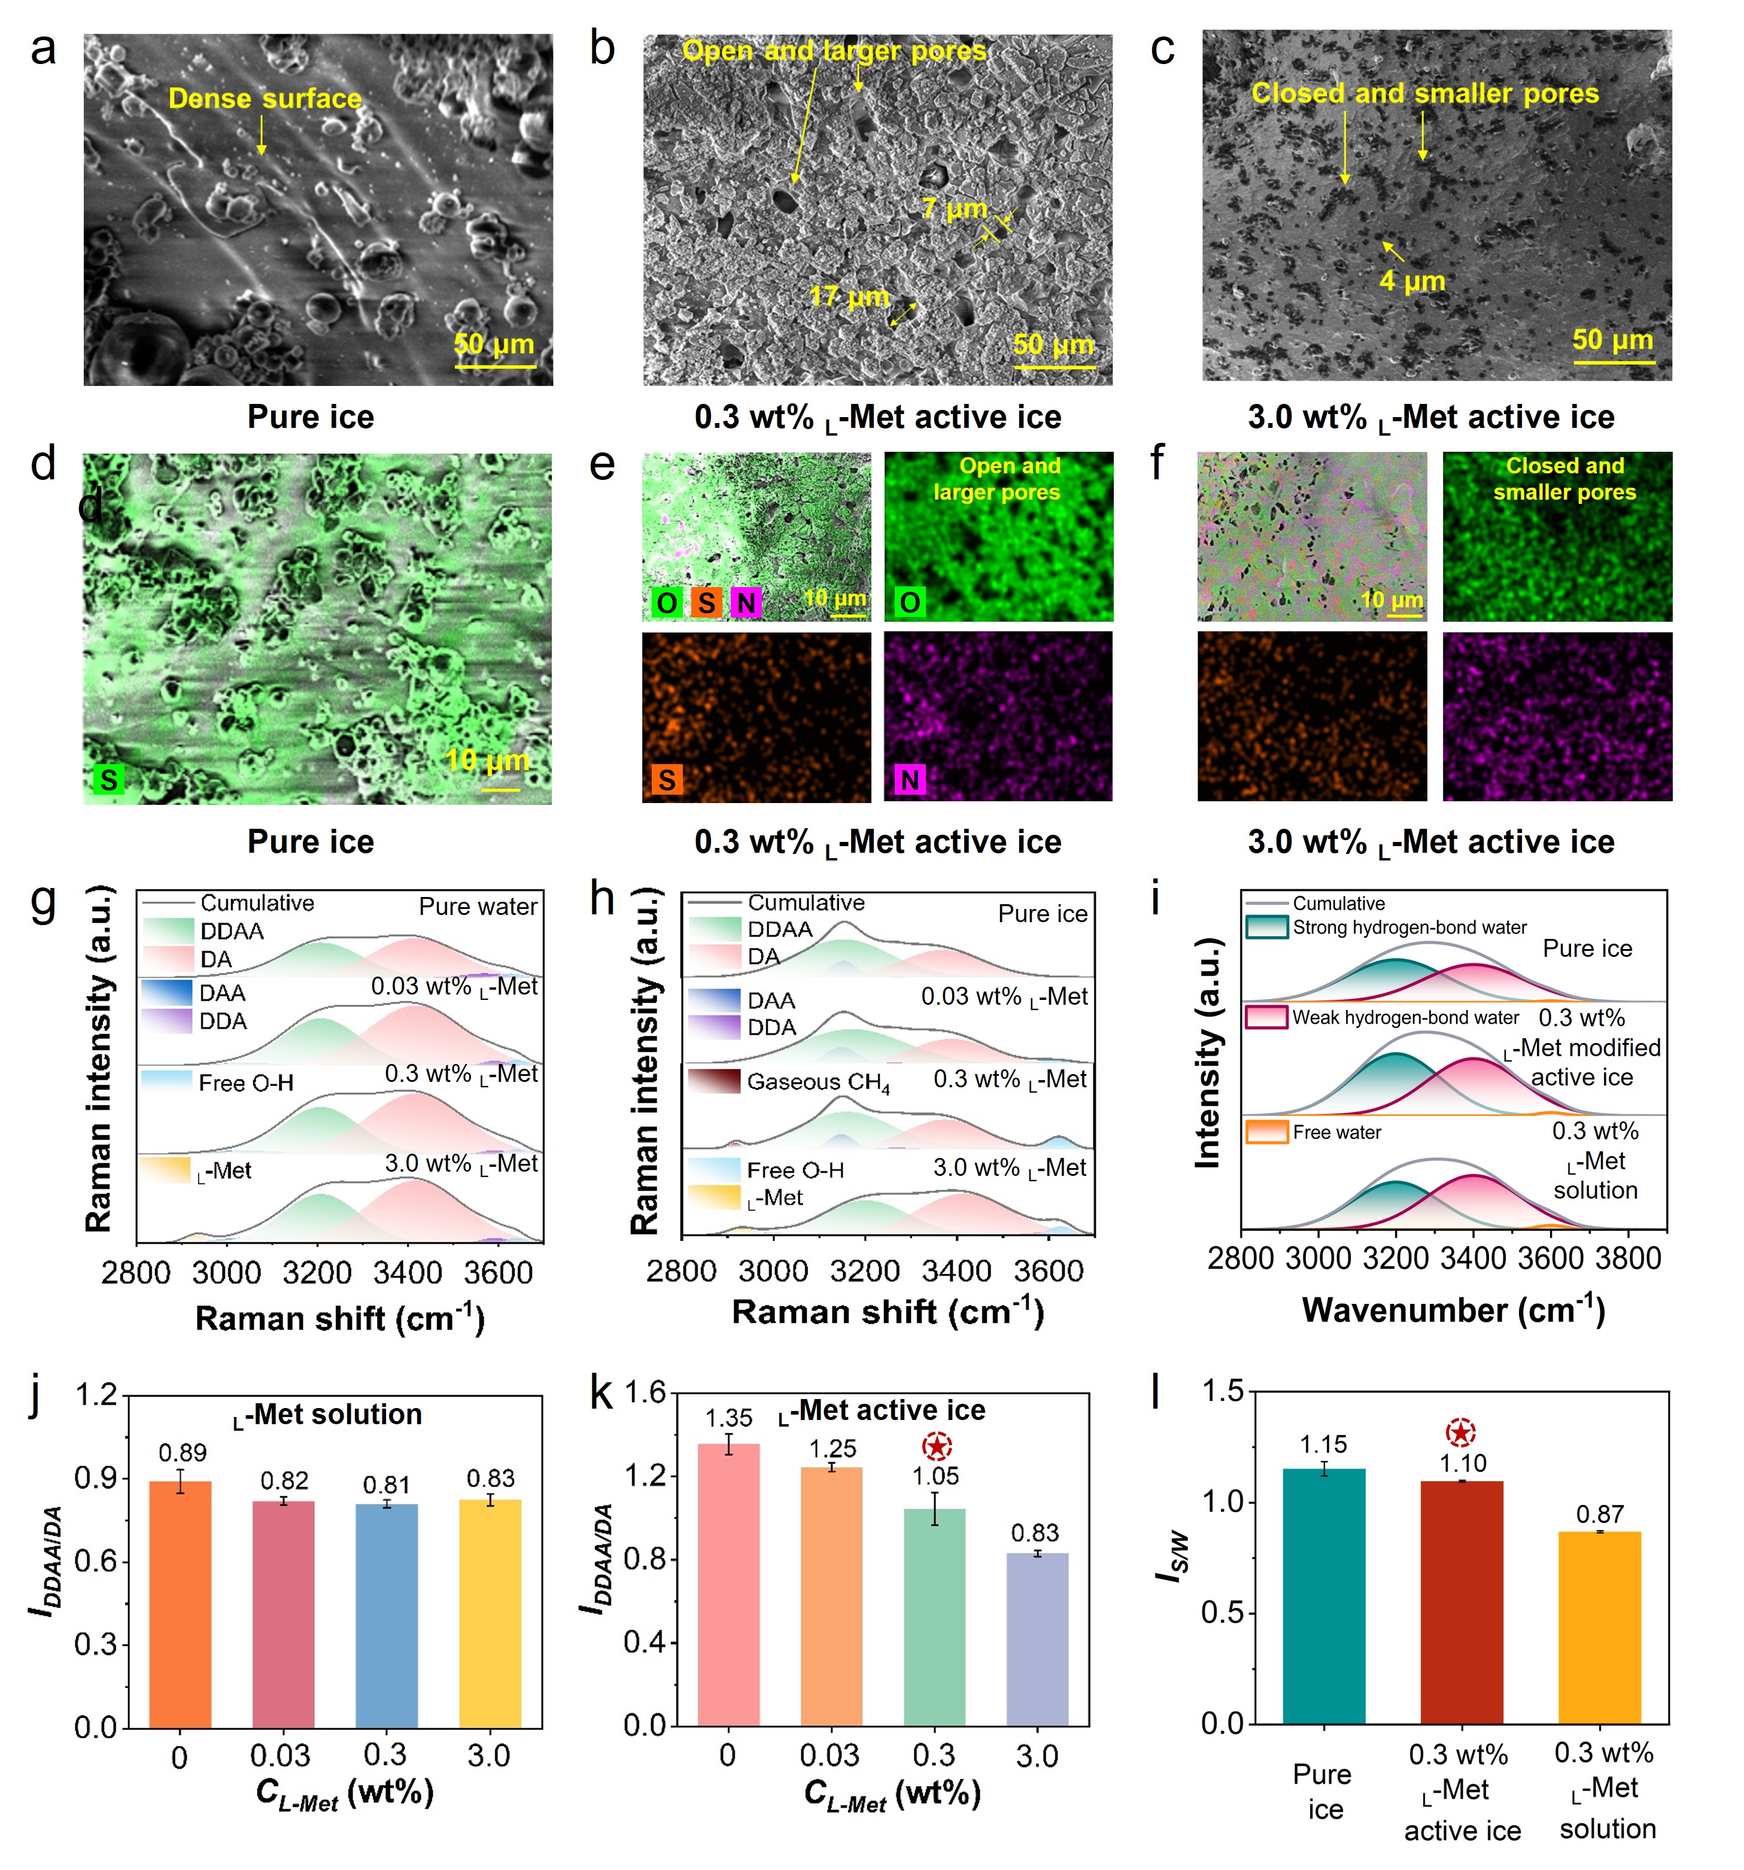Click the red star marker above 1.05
(x=936, y=1446)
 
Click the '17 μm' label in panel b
(x=849, y=297)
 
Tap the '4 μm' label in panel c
(x=1412, y=280)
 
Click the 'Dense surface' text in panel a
(x=265, y=99)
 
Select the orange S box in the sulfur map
(x=667, y=779)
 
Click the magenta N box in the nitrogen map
(x=910, y=779)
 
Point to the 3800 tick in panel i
(x=1629, y=1258)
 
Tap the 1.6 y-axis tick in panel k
(x=645, y=1392)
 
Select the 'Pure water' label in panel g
(x=478, y=907)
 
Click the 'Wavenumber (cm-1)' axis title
(x=1453, y=1309)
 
